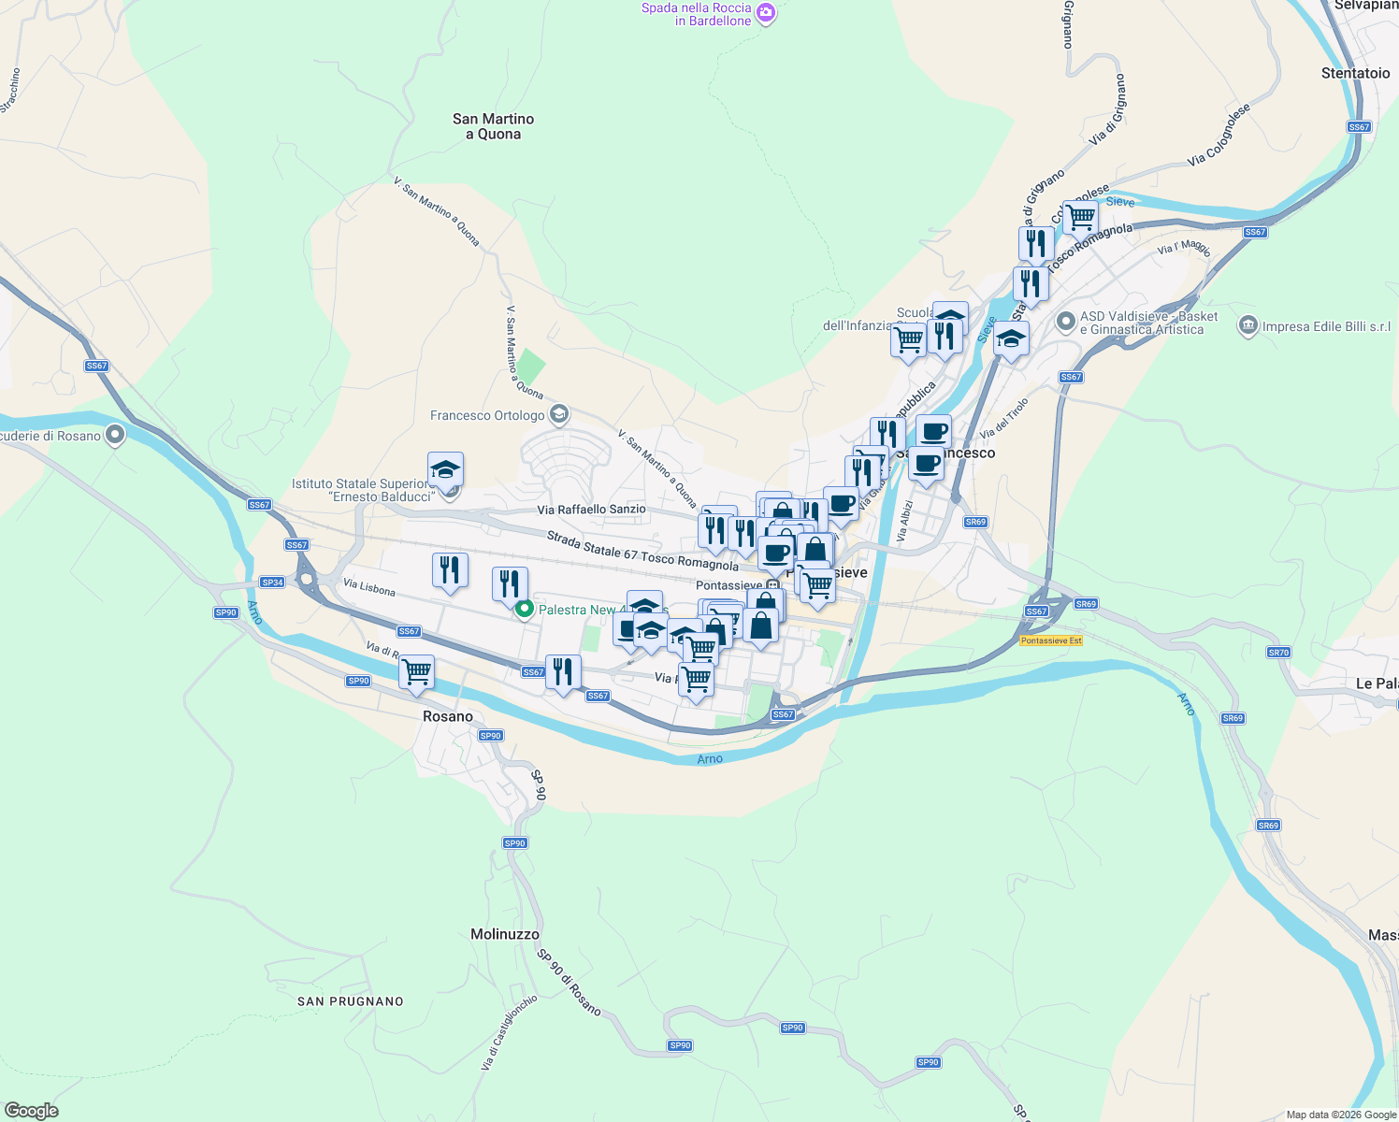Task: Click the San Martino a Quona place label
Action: pos(493,126)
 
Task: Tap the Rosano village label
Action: pos(448,716)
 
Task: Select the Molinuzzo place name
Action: pos(505,934)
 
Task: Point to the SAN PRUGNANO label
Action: pos(351,1001)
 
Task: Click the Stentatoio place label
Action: pos(1355,73)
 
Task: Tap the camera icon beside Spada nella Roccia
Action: pos(766,13)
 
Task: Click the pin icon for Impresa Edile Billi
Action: pos(1248,326)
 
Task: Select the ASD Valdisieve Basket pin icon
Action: pos(1065,323)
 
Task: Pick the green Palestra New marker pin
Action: pos(525,610)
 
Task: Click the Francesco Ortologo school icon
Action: pos(559,414)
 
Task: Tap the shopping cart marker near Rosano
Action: pos(416,671)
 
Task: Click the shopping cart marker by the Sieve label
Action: pos(1080,217)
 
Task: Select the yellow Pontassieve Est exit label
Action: pos(1051,640)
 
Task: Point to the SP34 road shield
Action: pos(272,583)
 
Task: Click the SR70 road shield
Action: pos(1278,653)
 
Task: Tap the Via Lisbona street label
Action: pos(369,587)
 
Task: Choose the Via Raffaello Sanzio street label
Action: pos(591,510)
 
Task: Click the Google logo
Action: pos(32,1111)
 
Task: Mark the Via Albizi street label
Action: pos(904,521)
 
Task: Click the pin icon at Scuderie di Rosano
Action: pos(115,435)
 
